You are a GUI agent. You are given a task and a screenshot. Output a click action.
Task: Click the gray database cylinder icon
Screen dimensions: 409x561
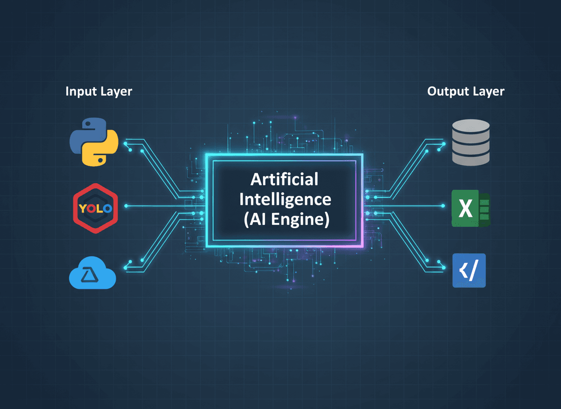click(471, 142)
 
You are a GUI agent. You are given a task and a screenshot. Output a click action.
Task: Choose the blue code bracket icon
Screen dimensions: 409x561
click(469, 271)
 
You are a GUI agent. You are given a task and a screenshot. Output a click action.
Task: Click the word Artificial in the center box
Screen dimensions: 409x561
click(284, 179)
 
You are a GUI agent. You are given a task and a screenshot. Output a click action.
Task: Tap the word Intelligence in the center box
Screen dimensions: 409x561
click(284, 199)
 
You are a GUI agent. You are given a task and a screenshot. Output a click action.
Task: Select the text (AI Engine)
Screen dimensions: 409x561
click(284, 220)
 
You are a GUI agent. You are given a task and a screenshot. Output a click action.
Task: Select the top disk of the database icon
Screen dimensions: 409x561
click(471, 126)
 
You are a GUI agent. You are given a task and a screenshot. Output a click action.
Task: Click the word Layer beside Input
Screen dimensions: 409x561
click(116, 91)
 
